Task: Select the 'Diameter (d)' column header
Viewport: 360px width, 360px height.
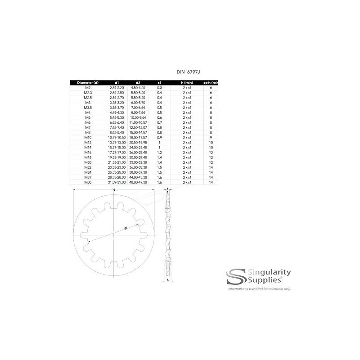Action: pyautogui.click(x=88, y=83)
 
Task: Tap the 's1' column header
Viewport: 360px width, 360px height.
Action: pyautogui.click(x=159, y=83)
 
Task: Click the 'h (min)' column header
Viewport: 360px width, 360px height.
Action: pyautogui.click(x=187, y=83)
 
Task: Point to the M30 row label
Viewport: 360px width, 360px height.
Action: pyautogui.click(x=88, y=183)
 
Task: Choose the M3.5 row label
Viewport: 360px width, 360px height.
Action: pyautogui.click(x=88, y=107)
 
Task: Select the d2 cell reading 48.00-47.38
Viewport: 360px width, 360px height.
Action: pyautogui.click(x=138, y=183)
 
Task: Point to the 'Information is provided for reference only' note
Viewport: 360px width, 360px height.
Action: pyautogui.click(x=260, y=288)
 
